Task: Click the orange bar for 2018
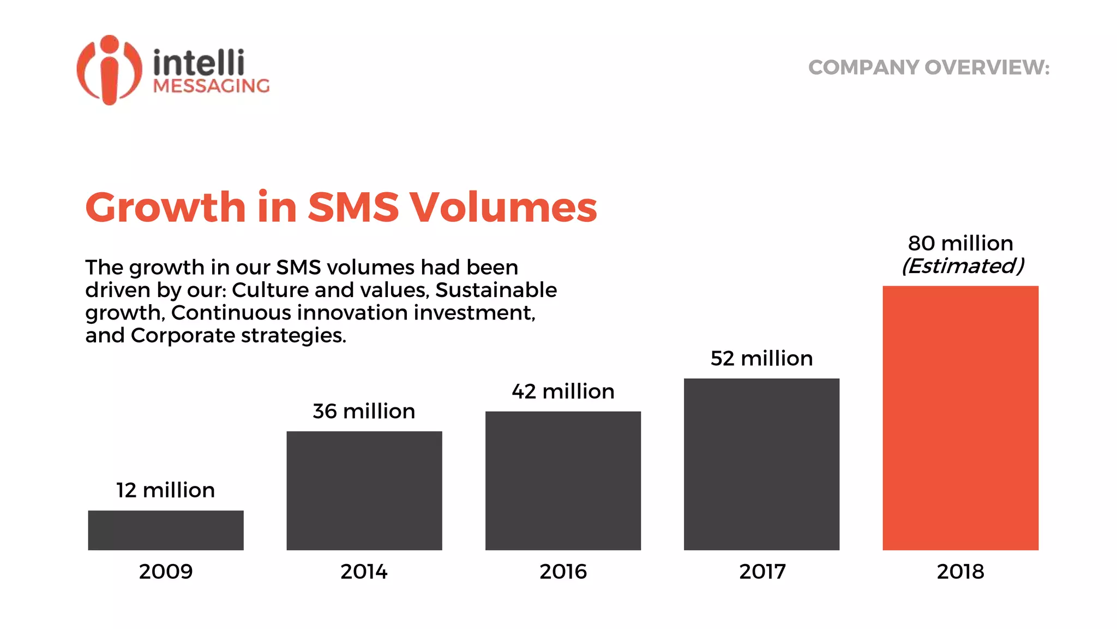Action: (960, 418)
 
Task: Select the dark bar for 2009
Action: (166, 530)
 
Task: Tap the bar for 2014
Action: (364, 490)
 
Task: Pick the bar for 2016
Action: (563, 480)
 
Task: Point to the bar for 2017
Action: (761, 464)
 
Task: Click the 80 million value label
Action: (960, 243)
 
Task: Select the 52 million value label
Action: (761, 359)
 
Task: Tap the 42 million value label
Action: (563, 391)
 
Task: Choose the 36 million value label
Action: (364, 411)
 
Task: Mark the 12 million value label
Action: (165, 490)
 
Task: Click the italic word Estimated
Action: (963, 266)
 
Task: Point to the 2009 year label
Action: (166, 572)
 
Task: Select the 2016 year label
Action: (563, 572)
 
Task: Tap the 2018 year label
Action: (960, 572)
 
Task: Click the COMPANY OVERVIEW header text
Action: (928, 68)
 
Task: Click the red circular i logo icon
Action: (110, 70)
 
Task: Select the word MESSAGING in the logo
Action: (211, 86)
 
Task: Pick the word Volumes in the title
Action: (503, 207)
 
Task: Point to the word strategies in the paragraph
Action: (293, 335)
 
